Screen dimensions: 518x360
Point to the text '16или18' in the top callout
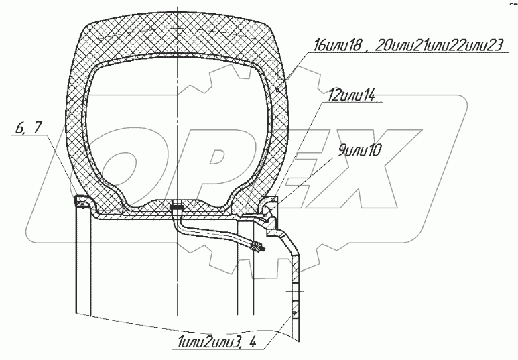(x=336, y=46)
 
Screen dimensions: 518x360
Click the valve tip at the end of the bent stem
(x=258, y=249)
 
